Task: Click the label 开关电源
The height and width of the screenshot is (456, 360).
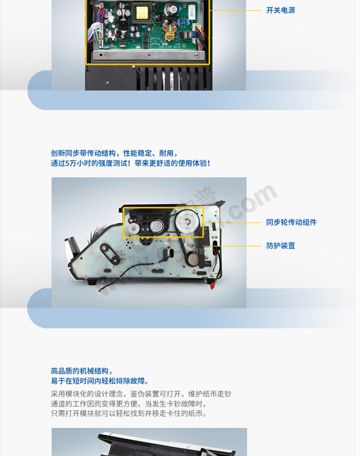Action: pyautogui.click(x=281, y=10)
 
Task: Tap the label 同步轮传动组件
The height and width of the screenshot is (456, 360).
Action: pyautogui.click(x=292, y=223)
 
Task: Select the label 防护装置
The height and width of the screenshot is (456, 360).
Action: pyautogui.click(x=281, y=246)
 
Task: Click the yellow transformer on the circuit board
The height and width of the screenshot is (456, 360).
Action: pyautogui.click(x=142, y=12)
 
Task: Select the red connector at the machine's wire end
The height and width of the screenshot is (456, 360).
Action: pyautogui.click(x=212, y=286)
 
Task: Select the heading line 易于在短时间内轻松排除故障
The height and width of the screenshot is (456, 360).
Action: pyautogui.click(x=100, y=381)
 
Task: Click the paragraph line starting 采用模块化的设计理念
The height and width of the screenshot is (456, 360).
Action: pyautogui.click(x=141, y=394)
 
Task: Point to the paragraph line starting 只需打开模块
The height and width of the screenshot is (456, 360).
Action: pyautogui.click(x=129, y=414)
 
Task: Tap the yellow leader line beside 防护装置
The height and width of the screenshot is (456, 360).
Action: pyautogui.click(x=232, y=246)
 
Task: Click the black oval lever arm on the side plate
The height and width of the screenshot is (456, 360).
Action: pyautogui.click(x=109, y=254)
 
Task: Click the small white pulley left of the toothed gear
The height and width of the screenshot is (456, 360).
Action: pyautogui.click(x=134, y=228)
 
